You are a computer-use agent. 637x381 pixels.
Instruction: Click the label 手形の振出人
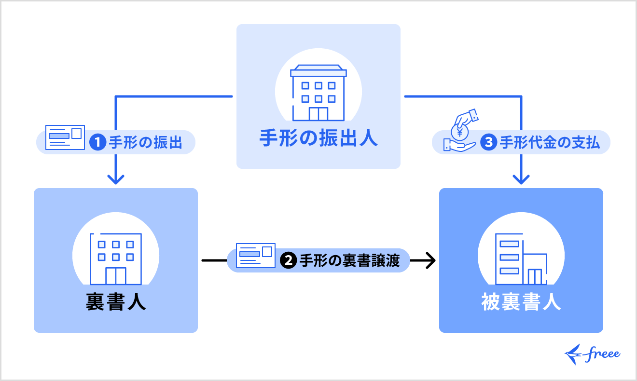click(x=318, y=138)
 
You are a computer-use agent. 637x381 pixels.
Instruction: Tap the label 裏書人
click(x=116, y=302)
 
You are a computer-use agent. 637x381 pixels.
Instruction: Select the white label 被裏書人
click(x=521, y=302)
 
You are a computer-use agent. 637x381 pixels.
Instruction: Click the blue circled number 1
click(x=97, y=143)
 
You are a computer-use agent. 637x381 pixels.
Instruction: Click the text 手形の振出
click(x=145, y=143)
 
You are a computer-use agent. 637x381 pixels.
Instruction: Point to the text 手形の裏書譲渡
click(x=349, y=260)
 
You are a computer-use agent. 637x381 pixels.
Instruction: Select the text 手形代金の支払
click(x=549, y=143)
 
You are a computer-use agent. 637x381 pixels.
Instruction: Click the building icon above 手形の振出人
click(x=318, y=93)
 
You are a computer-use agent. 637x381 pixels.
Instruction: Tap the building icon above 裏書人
click(x=116, y=259)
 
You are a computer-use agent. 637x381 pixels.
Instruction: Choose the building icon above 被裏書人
click(x=521, y=259)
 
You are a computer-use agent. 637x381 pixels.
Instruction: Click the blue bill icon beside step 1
click(x=65, y=137)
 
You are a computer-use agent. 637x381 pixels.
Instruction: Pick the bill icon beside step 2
click(x=255, y=256)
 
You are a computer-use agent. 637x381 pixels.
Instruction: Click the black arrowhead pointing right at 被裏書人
click(x=430, y=261)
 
